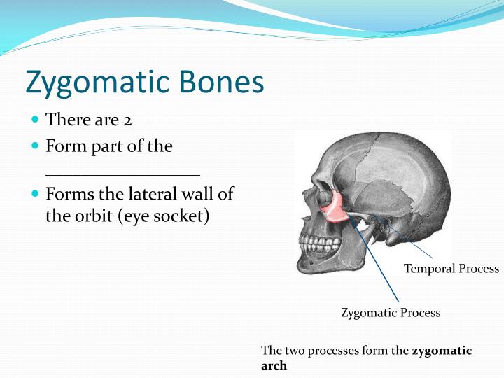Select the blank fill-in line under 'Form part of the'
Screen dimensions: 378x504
click(122, 174)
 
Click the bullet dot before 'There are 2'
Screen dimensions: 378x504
click(36, 120)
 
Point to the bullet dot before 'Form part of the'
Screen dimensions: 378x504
click(36, 146)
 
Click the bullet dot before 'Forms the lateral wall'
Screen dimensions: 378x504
click(36, 193)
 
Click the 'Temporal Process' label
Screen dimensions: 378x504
click(451, 269)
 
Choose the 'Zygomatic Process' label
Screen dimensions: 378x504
click(391, 313)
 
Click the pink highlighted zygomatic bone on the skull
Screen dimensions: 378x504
click(335, 208)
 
